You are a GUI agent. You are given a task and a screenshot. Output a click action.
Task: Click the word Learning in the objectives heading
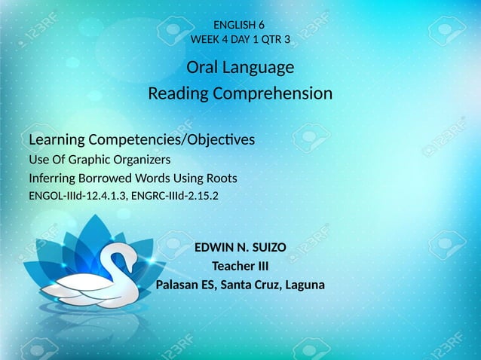point(57,141)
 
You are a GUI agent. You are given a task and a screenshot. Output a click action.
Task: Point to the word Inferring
point(52,178)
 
